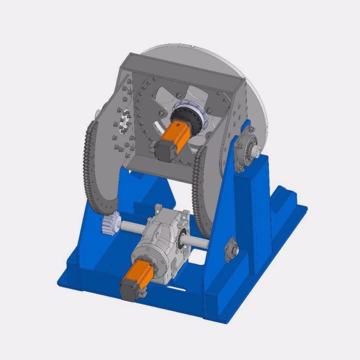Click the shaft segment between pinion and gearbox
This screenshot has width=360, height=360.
click(x=131, y=227)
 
